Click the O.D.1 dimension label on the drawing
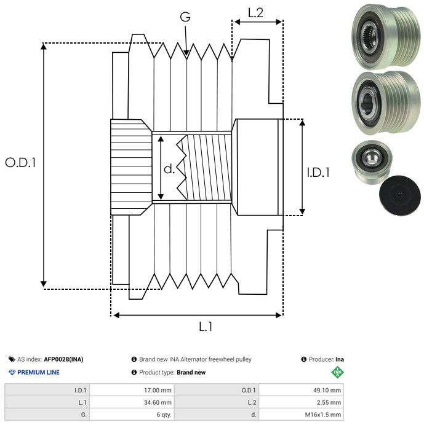pos(21,163)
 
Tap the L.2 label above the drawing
pos(255,12)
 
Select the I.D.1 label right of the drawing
pos(318,173)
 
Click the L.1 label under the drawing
pos(206,327)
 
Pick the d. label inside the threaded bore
pos(169,168)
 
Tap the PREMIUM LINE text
pos(38,372)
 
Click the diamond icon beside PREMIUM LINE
pos(12,372)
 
